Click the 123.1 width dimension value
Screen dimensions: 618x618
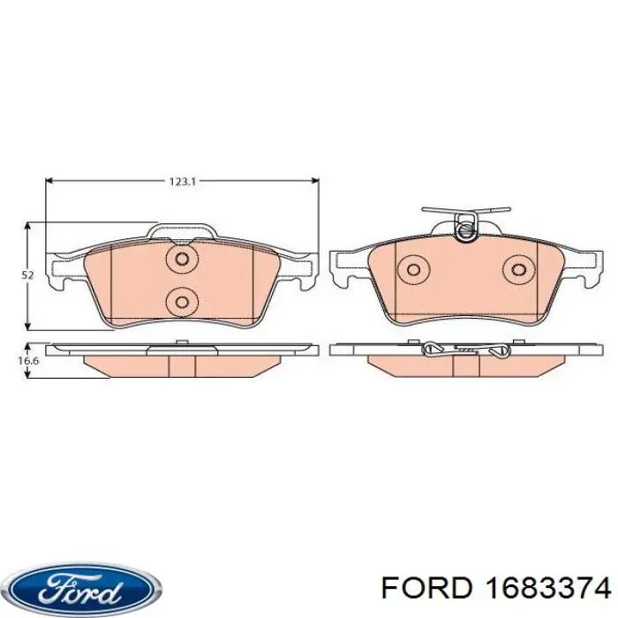coord(181,181)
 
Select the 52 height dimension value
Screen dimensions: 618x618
coord(27,275)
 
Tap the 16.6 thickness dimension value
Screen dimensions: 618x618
coord(28,361)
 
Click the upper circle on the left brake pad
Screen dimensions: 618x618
coord(182,260)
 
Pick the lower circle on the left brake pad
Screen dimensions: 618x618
coord(182,301)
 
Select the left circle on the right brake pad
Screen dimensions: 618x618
coord(412,269)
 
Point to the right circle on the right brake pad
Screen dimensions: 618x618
coord(518,269)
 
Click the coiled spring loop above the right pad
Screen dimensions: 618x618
coord(465,230)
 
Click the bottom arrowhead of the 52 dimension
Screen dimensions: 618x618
coord(28,326)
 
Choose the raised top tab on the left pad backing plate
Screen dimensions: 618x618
coord(182,232)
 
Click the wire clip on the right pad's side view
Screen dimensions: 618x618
coord(464,350)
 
